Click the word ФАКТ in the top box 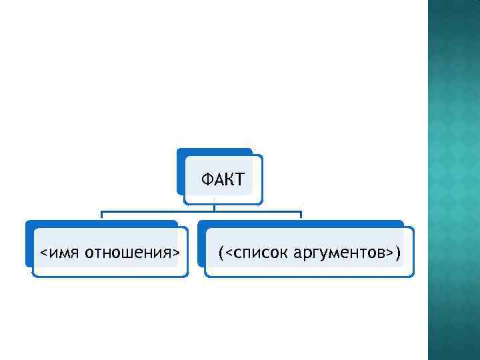tap(223, 179)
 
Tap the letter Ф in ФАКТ tap(208, 179)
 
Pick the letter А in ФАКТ tap(218, 179)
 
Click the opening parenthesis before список tap(221, 253)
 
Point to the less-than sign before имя tap(43, 253)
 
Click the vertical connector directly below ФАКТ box tap(214, 207)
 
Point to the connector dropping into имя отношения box tap(101, 215)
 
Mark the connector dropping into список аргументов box tap(301, 215)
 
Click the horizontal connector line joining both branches tap(200, 212)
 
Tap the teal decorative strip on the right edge tap(453, 180)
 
